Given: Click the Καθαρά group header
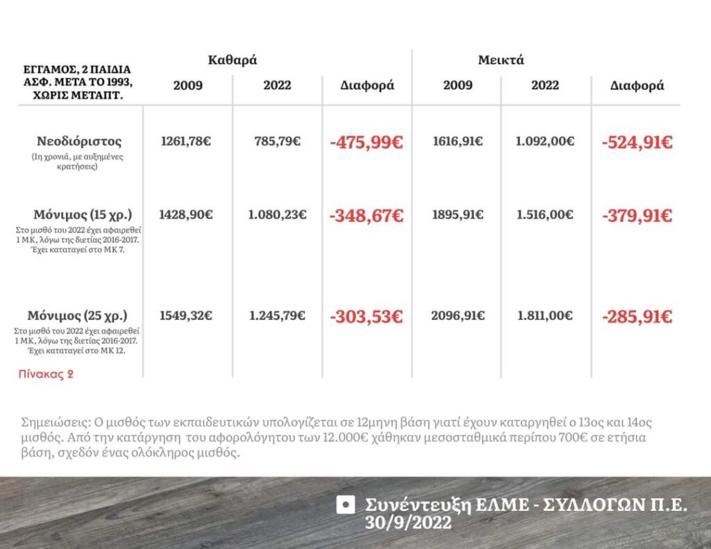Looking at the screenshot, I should [233, 60].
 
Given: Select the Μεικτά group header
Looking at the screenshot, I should [501, 60].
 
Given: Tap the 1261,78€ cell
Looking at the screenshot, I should [186, 142].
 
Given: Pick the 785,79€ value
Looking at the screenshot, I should [277, 142].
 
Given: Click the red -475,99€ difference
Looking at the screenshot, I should [367, 143].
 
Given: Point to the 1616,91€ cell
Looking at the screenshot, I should [458, 142].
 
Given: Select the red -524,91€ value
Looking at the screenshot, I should [637, 143].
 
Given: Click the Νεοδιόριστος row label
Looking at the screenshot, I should [79, 142].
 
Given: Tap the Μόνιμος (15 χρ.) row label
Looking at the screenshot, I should [83, 214].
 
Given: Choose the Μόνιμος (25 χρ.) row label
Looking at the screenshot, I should [78, 315].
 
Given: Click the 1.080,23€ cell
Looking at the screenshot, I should [277, 214].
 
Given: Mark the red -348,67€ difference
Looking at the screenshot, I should [367, 216].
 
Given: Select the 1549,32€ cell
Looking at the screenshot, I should [186, 316].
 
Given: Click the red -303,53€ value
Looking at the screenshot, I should [367, 317].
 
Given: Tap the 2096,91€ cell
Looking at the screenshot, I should [458, 316].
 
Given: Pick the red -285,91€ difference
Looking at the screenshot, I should [637, 317].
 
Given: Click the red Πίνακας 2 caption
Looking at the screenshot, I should [46, 374].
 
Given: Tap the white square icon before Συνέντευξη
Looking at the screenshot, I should [345, 505].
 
